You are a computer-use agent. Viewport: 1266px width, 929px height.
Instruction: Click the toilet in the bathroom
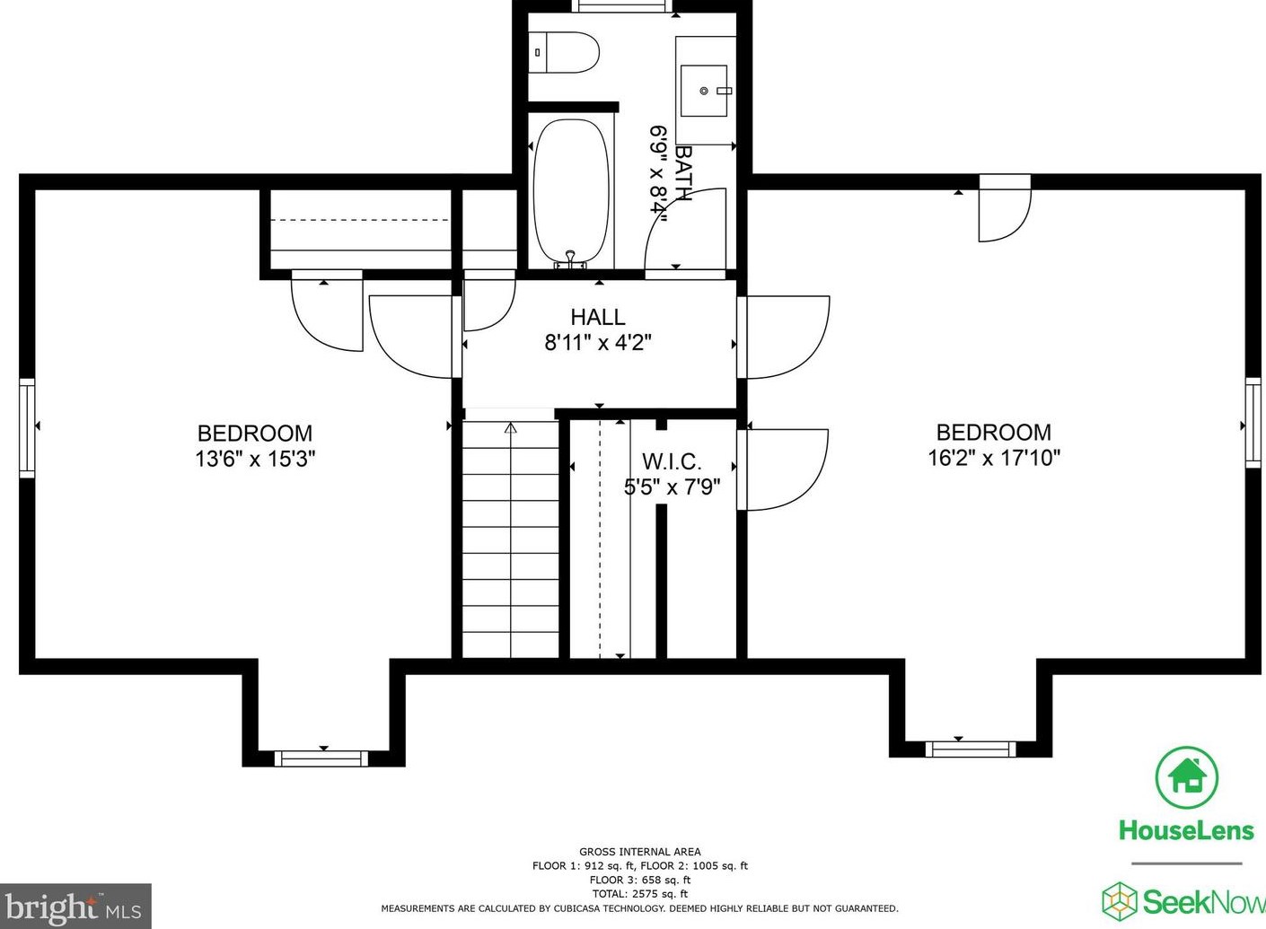pos(564,52)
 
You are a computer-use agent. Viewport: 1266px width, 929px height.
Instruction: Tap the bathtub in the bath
pos(572,192)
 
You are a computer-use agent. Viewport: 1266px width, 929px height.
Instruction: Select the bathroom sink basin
pos(704,91)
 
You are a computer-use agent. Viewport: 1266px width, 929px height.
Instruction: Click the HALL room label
pos(598,317)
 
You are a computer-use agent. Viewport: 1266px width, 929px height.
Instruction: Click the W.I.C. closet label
pos(672,461)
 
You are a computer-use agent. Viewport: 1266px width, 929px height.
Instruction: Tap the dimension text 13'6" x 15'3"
pos(255,459)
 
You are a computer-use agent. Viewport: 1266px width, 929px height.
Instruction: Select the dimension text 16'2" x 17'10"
pos(994,457)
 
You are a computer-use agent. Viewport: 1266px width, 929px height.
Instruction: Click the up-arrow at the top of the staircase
pos(510,428)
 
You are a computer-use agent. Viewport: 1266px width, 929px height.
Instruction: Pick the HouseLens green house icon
pos(1186,777)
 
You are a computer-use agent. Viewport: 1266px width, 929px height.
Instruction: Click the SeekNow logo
pos(1183,901)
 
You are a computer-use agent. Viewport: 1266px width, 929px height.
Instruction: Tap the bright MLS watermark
pos(75,907)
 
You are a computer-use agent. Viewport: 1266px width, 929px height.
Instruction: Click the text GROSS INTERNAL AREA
pos(640,852)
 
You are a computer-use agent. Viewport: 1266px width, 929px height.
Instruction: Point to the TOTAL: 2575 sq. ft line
pos(640,894)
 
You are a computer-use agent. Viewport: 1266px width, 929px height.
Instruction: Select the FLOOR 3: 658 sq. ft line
pos(640,880)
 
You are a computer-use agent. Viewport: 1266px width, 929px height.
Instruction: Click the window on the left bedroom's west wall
pos(27,428)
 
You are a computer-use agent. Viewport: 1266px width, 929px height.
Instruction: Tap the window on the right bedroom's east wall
pos(1253,422)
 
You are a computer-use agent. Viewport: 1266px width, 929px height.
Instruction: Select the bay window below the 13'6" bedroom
pos(321,758)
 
